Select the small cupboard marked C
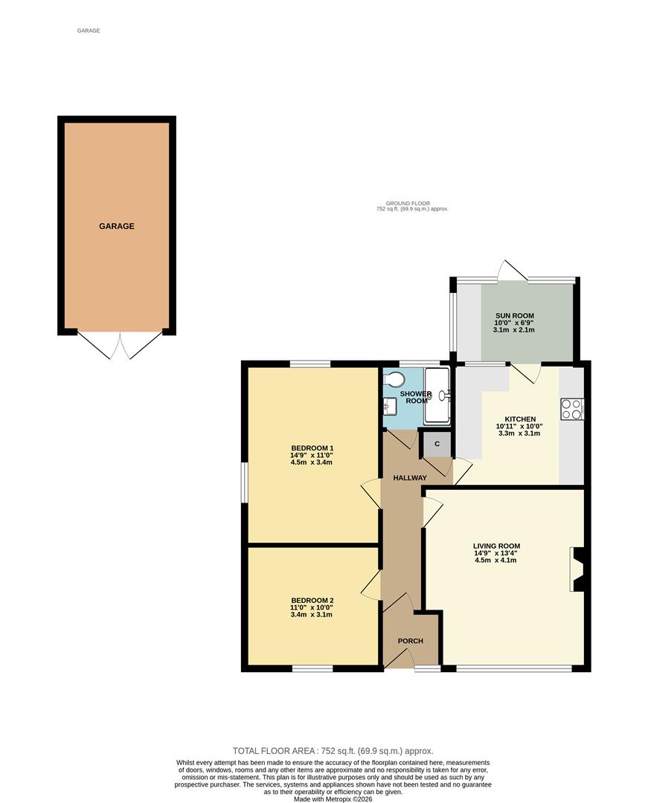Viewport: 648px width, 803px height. [x=437, y=444]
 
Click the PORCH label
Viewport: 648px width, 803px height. [x=410, y=641]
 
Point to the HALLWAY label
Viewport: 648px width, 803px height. [x=410, y=478]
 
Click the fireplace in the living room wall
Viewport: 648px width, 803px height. [x=577, y=570]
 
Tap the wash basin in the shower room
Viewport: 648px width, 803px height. [x=388, y=407]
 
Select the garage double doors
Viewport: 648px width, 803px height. [x=119, y=344]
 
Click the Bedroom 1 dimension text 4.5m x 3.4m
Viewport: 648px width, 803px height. [x=312, y=462]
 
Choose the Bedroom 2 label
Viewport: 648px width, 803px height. [x=312, y=600]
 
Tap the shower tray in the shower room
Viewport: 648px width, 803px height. [x=437, y=396]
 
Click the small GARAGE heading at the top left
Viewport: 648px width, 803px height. [x=88, y=30]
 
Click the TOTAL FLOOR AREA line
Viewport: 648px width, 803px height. [x=333, y=751]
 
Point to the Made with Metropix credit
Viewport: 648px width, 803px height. [x=333, y=799]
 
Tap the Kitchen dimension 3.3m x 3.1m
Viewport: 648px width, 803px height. [x=520, y=433]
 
